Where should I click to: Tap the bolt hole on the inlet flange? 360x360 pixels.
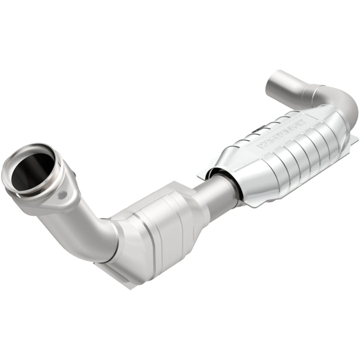pos(62,195)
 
